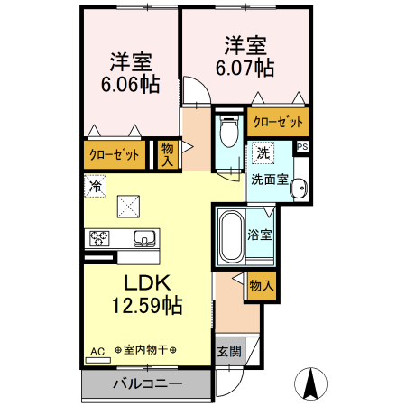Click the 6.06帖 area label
[x=131, y=85]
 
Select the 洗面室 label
[x=269, y=179]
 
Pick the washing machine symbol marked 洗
[x=262, y=152]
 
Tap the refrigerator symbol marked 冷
[x=95, y=186]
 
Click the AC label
[x=97, y=351]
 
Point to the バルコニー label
[x=147, y=384]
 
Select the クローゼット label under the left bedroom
[x=115, y=154]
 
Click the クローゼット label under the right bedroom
[x=278, y=121]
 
